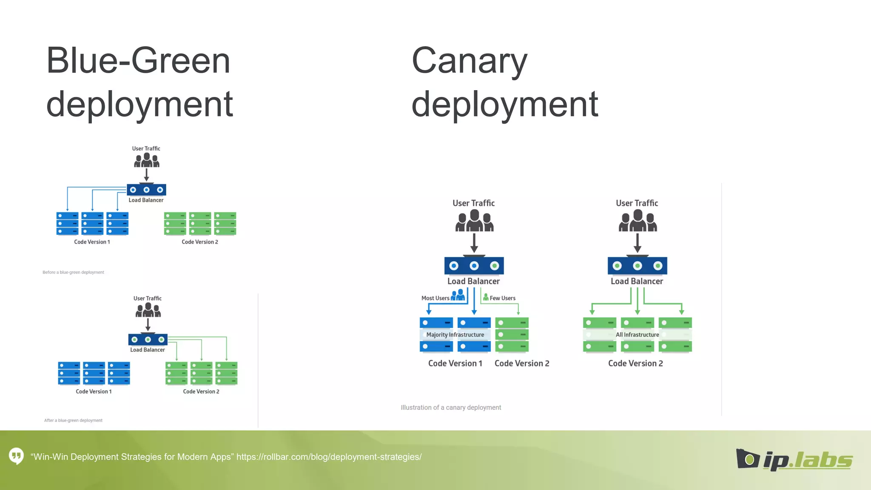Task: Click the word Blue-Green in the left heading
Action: [x=138, y=61]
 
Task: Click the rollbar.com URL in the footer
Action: [x=329, y=457]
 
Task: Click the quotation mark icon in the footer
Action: [x=16, y=456]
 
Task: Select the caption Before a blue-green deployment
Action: [x=73, y=272]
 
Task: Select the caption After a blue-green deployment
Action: [x=73, y=420]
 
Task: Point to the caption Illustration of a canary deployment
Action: [x=451, y=407]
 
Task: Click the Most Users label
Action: [x=435, y=298]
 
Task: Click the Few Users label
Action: [x=502, y=298]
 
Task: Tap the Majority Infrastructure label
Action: [x=455, y=335]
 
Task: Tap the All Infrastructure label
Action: [x=637, y=335]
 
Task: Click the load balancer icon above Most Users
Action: [x=474, y=265]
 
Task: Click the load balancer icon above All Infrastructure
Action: [x=637, y=265]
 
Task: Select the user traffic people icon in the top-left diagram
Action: [x=147, y=161]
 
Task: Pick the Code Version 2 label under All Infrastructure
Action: [x=635, y=363]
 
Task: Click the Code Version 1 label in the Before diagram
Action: [x=92, y=242]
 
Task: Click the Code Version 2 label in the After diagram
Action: [x=201, y=391]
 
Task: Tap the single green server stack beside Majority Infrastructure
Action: [x=512, y=334]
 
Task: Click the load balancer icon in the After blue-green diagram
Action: [x=148, y=339]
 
